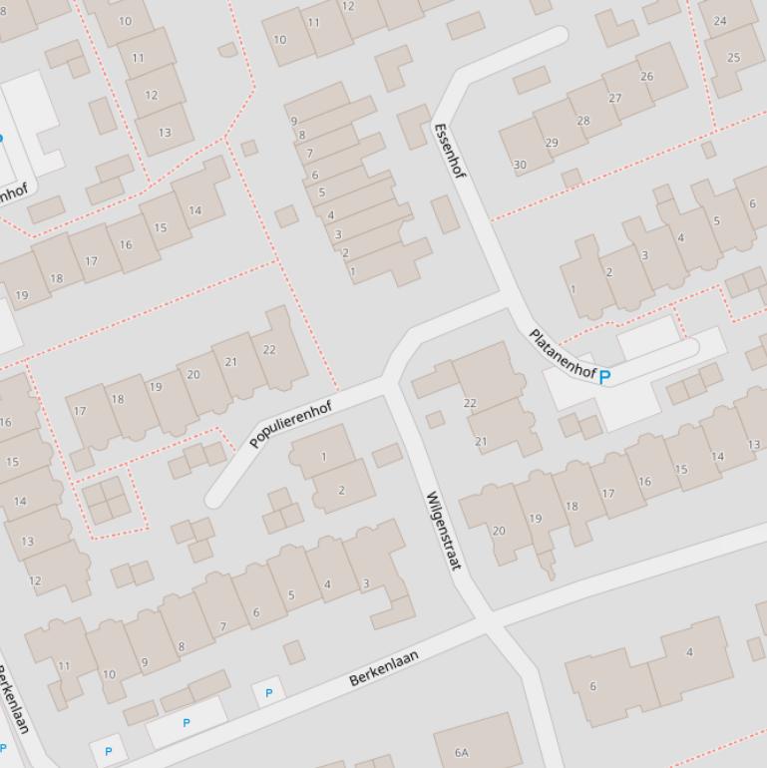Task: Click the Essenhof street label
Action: pyautogui.click(x=450, y=151)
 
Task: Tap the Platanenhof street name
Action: pyautogui.click(x=562, y=354)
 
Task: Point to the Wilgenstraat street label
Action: pyautogui.click(x=444, y=530)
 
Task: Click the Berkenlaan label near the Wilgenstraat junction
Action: pyautogui.click(x=383, y=667)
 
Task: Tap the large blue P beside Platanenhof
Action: pyautogui.click(x=604, y=376)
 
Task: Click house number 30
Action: pyautogui.click(x=520, y=165)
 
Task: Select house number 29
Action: pyautogui.click(x=552, y=143)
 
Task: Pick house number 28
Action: pyautogui.click(x=582, y=121)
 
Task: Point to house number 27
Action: pyautogui.click(x=614, y=98)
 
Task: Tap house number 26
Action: pyautogui.click(x=646, y=76)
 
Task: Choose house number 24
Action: pyautogui.click(x=720, y=20)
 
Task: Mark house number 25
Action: pyautogui.click(x=734, y=57)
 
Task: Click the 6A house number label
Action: pyautogui.click(x=461, y=752)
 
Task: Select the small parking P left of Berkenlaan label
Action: pyautogui.click(x=268, y=692)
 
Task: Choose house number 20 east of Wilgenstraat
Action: pyautogui.click(x=499, y=531)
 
